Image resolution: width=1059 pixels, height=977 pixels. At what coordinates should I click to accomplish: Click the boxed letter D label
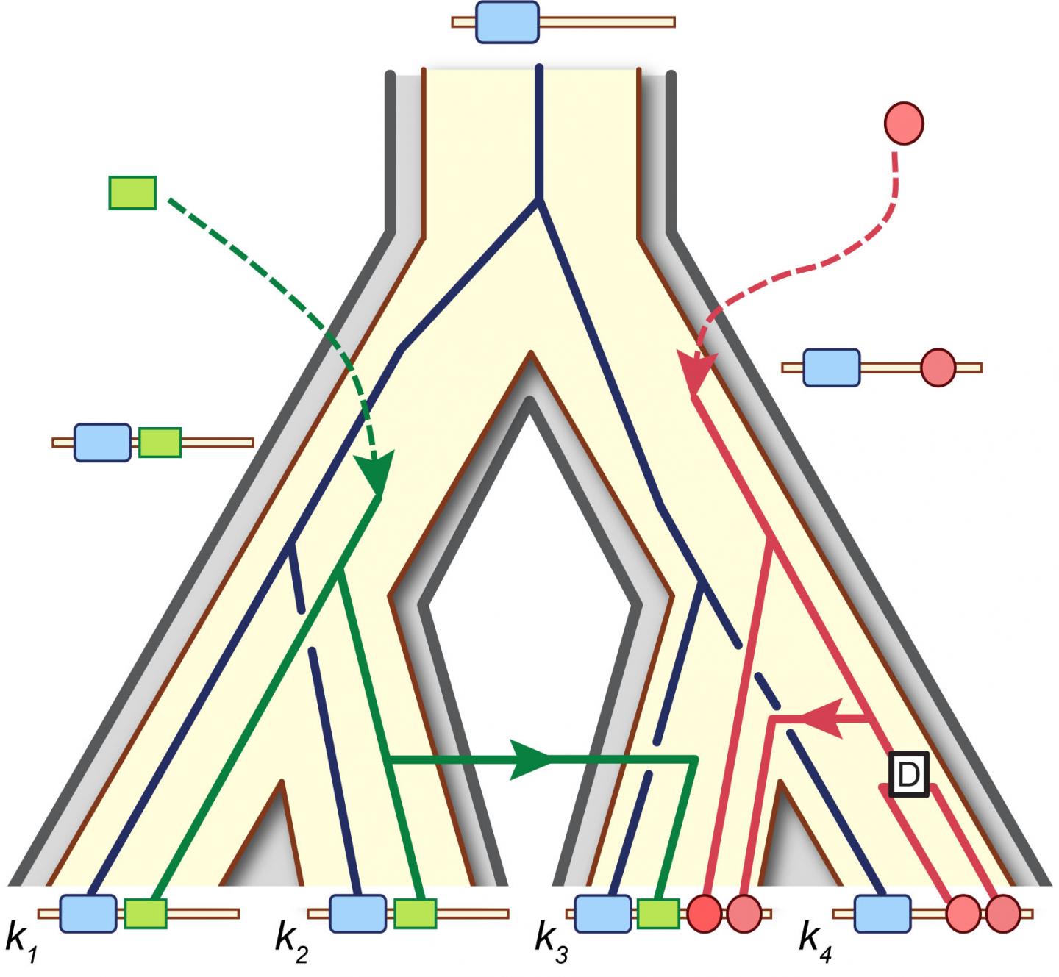[x=909, y=774]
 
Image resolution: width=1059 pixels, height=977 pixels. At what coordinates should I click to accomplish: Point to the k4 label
[x=815, y=940]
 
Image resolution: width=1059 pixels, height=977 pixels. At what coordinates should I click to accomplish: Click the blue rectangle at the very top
[x=507, y=22]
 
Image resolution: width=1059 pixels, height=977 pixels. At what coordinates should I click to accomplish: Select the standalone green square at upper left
[x=132, y=193]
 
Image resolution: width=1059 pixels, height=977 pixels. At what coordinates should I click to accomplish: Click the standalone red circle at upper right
[x=904, y=123]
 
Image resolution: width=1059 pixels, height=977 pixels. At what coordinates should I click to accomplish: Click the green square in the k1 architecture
[x=145, y=913]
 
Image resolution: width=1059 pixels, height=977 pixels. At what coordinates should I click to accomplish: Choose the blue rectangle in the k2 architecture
[x=357, y=913]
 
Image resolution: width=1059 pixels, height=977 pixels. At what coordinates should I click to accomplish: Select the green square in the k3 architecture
[x=658, y=913]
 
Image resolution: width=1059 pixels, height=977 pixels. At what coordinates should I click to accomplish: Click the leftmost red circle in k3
[x=705, y=913]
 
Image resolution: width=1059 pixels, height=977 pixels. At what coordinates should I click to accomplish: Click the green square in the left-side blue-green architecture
[x=160, y=443]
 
